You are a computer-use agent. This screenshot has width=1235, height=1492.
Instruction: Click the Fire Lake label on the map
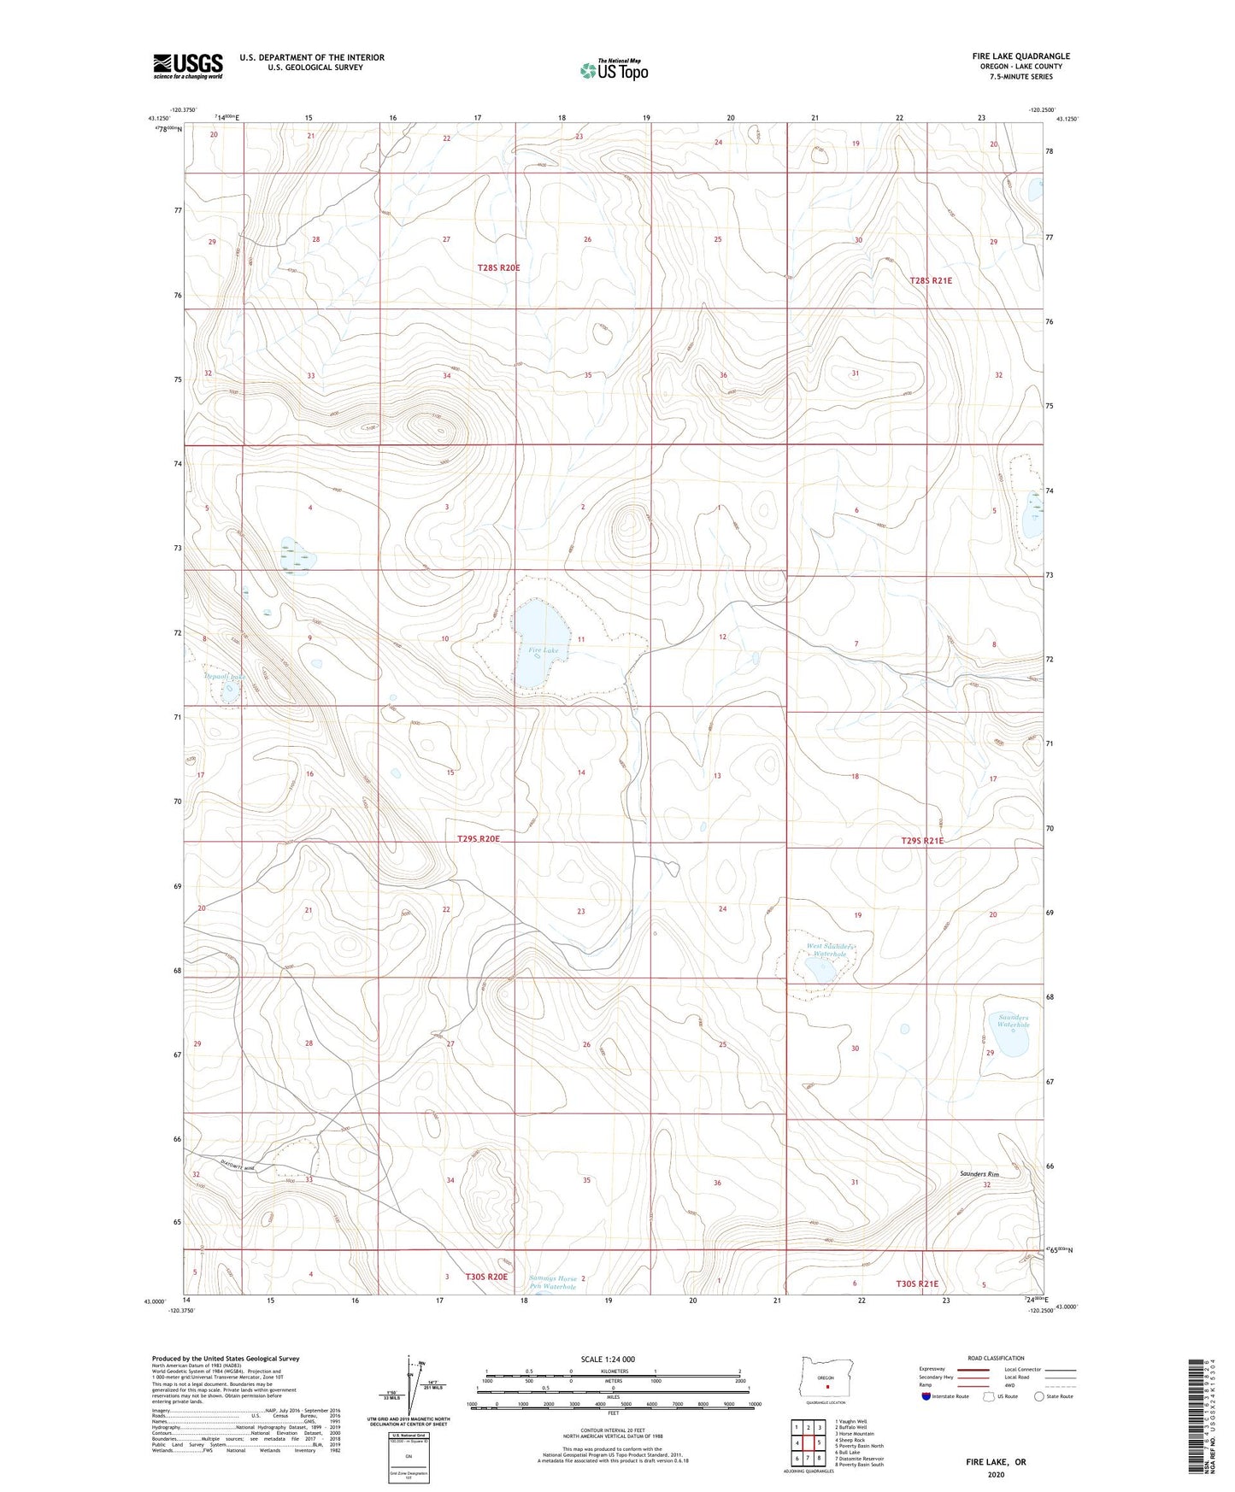543,650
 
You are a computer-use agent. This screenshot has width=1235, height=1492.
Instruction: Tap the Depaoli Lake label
225,676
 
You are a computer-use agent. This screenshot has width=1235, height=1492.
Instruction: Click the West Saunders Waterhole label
832,950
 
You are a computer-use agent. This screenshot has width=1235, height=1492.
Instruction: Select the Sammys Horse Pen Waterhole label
553,1283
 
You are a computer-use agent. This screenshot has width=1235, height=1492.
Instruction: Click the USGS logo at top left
188,66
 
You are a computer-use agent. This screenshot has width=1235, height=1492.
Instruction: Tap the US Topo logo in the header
613,70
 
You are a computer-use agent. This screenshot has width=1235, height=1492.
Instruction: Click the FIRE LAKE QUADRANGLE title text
1020,56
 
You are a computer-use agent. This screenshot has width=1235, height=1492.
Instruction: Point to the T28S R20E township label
498,267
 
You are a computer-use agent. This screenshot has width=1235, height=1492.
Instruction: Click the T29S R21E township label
922,841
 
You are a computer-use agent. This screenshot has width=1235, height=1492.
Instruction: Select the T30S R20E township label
486,1277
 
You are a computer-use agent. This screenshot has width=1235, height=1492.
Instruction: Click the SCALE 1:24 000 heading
608,1359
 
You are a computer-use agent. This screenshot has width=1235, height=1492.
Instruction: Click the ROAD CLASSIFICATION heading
996,1358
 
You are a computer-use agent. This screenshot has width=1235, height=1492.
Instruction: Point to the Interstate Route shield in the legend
927,1396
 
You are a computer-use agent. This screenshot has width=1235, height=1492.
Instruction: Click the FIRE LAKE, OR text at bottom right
996,1462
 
